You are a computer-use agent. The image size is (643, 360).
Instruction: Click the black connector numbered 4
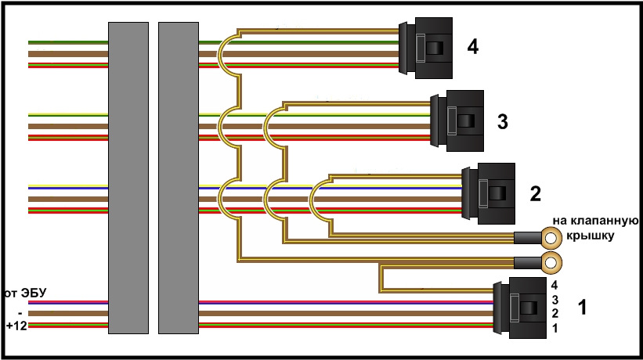pos(428,49)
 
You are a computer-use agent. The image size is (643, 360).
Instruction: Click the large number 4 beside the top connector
pos(472,48)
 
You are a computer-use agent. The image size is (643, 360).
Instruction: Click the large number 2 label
pos(536,193)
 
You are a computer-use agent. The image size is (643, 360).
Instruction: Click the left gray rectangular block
pos(128,178)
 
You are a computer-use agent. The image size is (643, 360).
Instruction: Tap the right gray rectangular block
pos(179,178)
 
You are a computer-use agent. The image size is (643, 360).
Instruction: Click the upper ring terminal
pos(551,237)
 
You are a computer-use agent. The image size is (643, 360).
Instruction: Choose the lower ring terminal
pos(551,261)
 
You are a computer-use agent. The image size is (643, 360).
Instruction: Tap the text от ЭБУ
pos(25,293)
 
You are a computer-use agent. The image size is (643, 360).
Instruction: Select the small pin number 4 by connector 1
pos(554,286)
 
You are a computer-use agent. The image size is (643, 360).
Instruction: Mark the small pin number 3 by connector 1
pos(554,300)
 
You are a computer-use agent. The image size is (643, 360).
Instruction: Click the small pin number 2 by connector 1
pos(554,314)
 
